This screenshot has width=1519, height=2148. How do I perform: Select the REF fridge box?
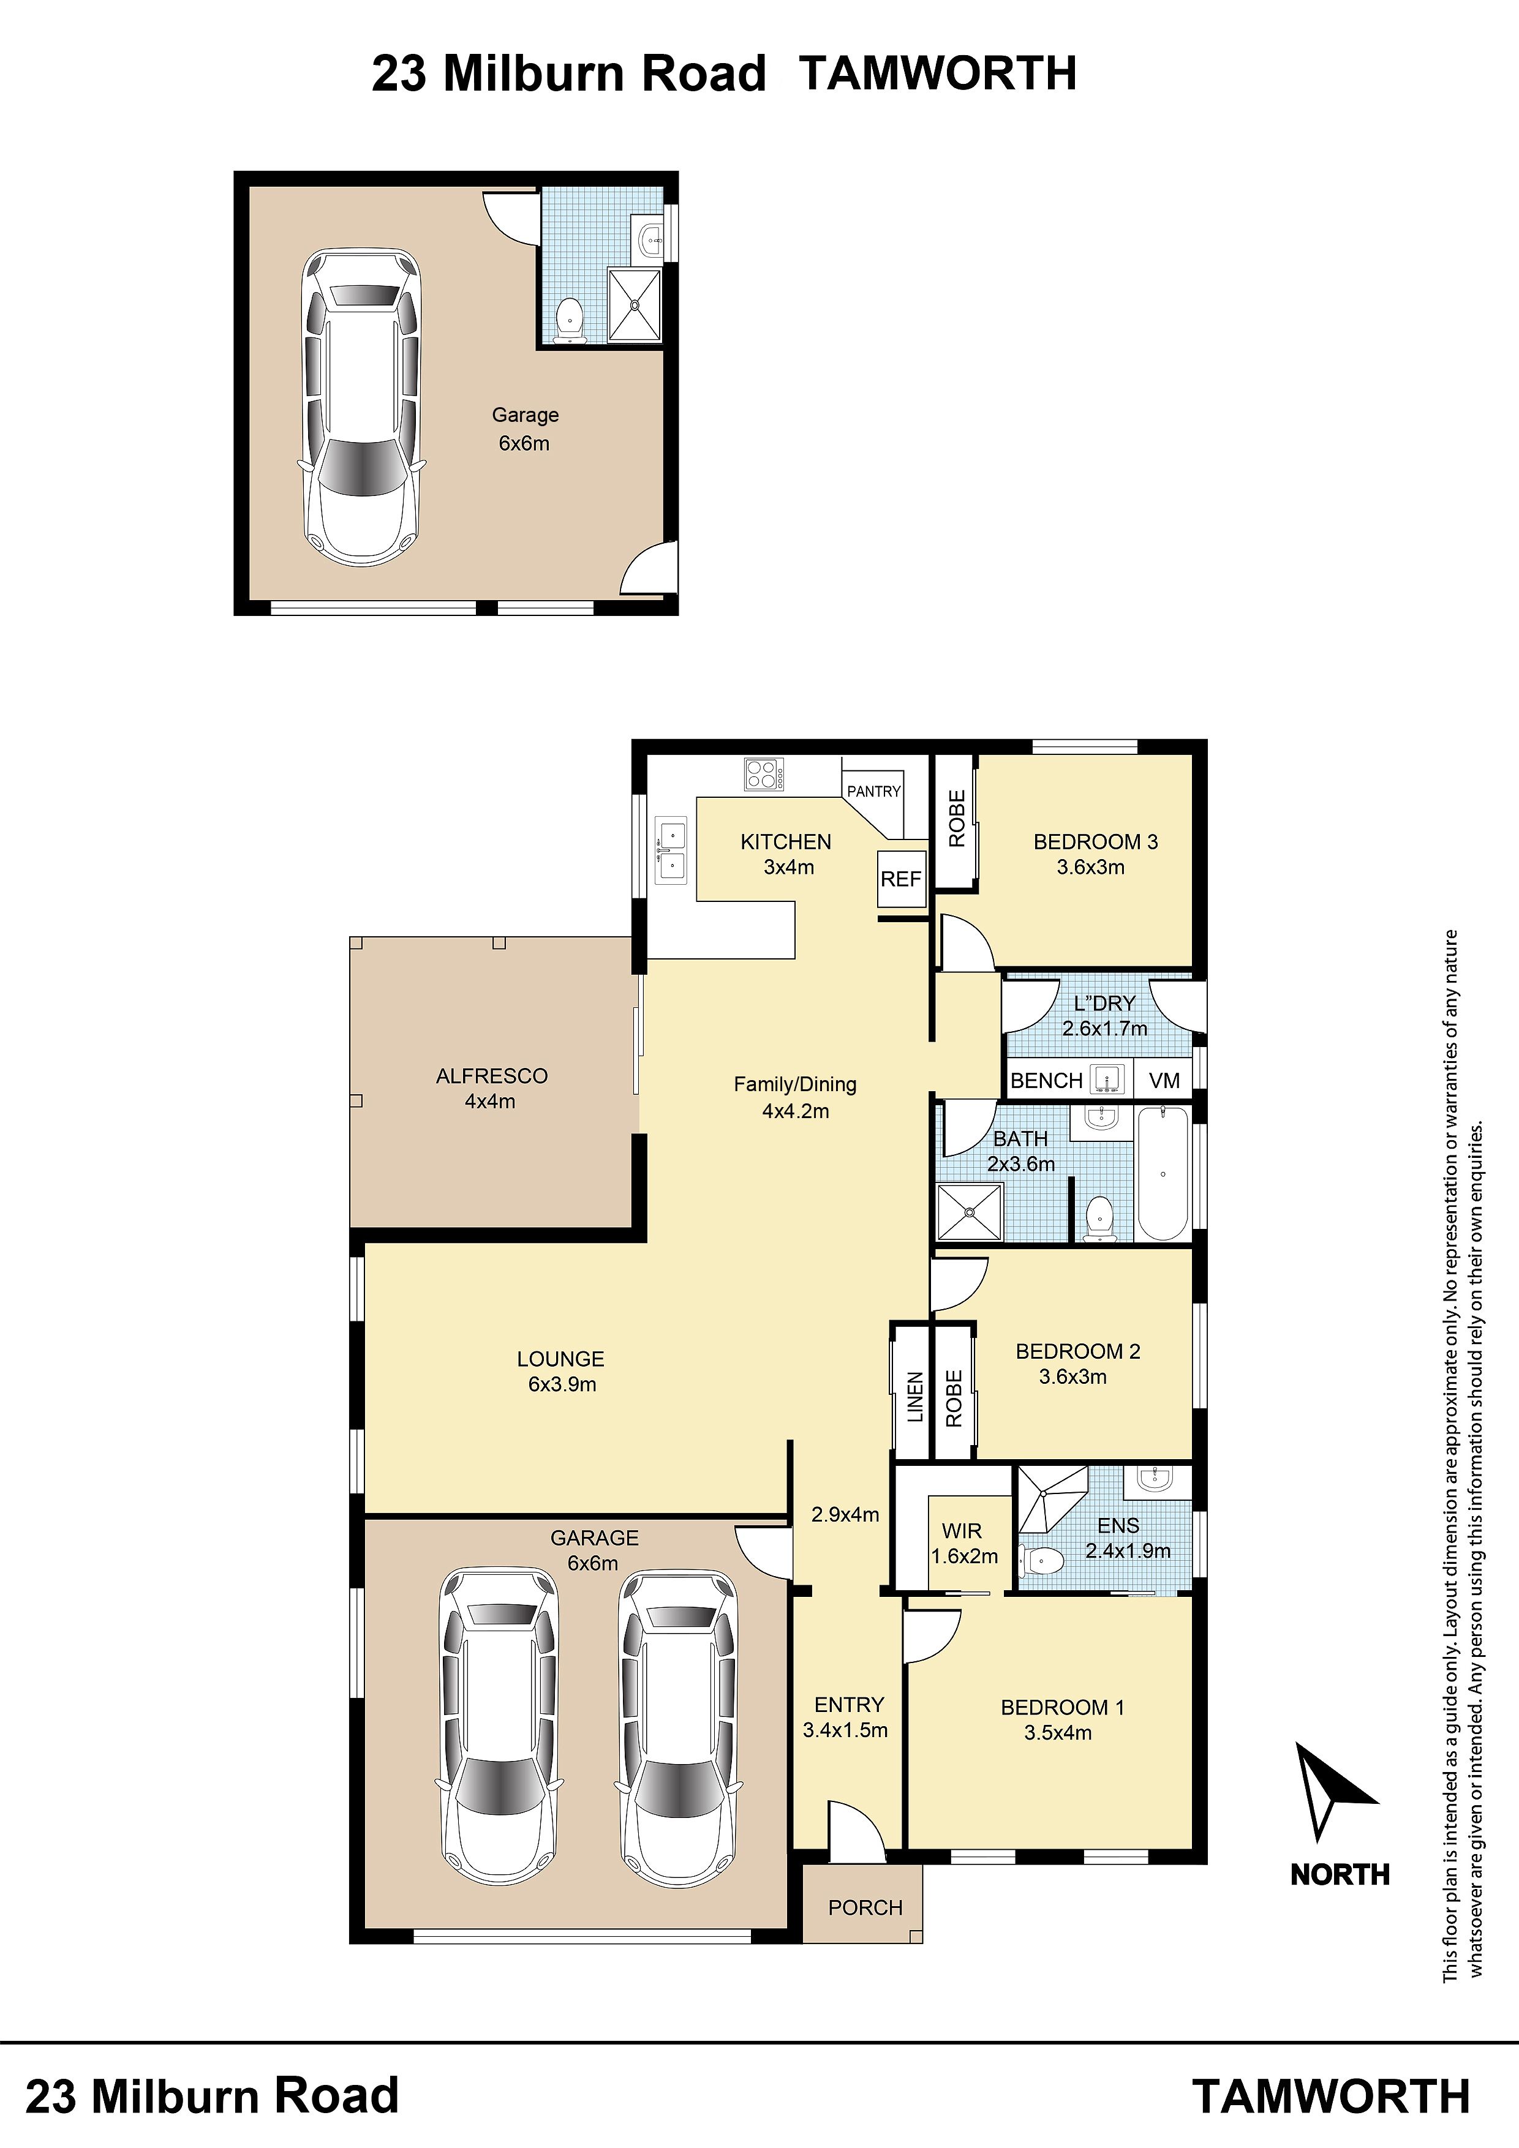[901, 879]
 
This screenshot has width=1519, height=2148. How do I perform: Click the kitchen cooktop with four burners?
[764, 775]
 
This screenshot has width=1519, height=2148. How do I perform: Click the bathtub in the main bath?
[1163, 1173]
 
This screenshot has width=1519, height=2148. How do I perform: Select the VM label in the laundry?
[1164, 1081]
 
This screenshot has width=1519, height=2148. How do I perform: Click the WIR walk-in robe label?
[962, 1531]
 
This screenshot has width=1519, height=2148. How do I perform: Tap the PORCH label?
[865, 1907]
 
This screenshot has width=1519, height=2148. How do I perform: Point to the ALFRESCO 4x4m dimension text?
[491, 1101]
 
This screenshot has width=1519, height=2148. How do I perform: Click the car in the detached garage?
[360, 407]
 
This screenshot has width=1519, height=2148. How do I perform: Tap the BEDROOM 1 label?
[1062, 1707]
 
